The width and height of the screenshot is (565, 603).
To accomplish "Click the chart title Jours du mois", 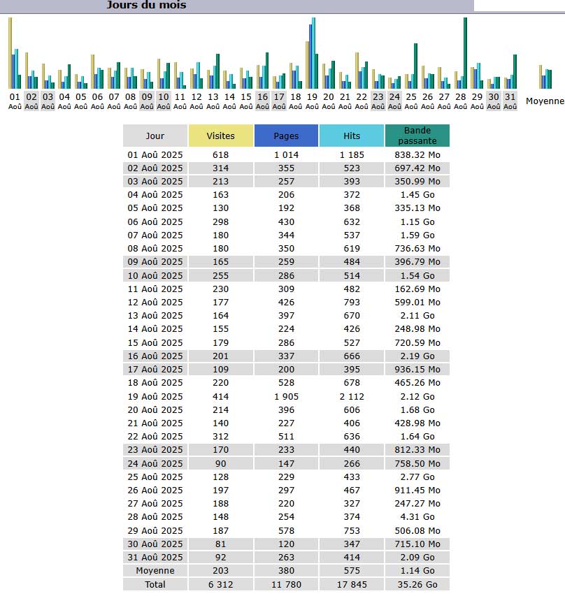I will pos(146,6).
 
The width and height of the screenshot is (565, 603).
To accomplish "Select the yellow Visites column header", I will pos(221,136).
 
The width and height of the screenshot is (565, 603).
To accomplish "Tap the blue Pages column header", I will pos(286,136).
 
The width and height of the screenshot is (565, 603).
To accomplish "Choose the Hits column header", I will pos(352,136).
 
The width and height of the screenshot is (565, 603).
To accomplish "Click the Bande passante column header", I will pos(417,136).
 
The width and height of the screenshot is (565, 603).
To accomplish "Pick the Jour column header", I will pos(155,136).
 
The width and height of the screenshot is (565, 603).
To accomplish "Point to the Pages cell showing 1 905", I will pos(286,396).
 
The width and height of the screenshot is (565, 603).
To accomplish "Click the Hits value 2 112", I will pos(352,396).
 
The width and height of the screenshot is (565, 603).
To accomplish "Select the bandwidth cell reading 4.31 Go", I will pos(417,517).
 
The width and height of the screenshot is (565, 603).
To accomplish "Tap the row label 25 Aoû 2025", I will pos(155,477).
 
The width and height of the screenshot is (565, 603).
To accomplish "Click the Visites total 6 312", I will pos(221,584).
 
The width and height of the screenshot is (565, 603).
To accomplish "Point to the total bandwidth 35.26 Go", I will pos(417,584).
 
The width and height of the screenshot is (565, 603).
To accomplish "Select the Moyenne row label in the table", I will pos(155,571).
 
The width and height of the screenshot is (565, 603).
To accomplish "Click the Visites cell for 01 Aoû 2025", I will pos(221,154).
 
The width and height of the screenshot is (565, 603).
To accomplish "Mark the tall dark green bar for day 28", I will pos(465,52).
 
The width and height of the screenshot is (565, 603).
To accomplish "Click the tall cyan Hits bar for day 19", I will pos(314,52).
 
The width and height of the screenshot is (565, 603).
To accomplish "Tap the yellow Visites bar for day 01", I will pos(10,52).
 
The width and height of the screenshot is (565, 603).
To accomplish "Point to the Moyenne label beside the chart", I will pos(545,101).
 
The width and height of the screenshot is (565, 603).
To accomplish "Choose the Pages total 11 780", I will pos(286,584).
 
